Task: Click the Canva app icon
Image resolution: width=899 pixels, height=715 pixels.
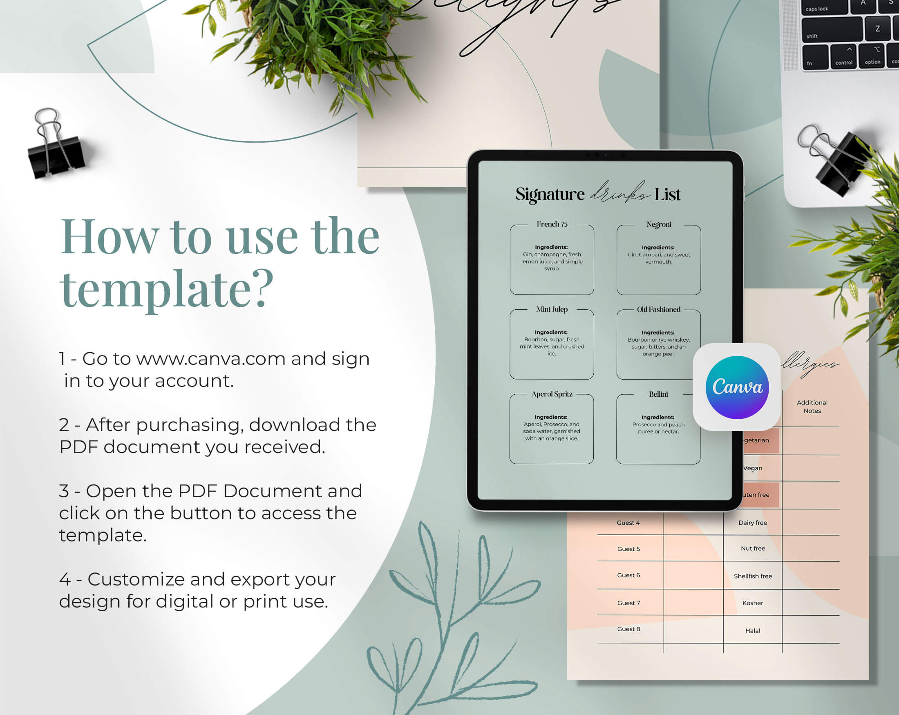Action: (737, 387)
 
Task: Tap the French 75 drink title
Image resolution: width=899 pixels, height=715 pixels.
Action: (552, 224)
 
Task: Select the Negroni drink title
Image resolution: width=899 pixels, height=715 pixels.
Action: (659, 225)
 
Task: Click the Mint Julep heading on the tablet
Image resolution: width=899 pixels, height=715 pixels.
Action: (552, 309)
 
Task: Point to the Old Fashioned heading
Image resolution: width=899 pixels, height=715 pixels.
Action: (658, 309)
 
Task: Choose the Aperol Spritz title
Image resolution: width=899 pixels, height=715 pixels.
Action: (552, 394)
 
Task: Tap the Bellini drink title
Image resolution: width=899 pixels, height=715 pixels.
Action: (658, 394)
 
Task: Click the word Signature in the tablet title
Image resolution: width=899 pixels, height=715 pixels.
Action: (550, 194)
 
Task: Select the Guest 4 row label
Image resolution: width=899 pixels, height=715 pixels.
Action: (628, 523)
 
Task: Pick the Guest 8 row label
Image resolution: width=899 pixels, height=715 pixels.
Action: (628, 629)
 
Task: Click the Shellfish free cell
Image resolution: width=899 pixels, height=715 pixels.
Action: (753, 576)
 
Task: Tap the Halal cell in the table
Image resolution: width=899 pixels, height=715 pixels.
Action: (753, 631)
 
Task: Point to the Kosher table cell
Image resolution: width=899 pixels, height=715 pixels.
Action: (753, 603)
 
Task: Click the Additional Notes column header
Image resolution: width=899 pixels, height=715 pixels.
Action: (812, 407)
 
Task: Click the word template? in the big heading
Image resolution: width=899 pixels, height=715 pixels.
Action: (167, 288)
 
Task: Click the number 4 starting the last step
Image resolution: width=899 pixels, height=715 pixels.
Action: (65, 579)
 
